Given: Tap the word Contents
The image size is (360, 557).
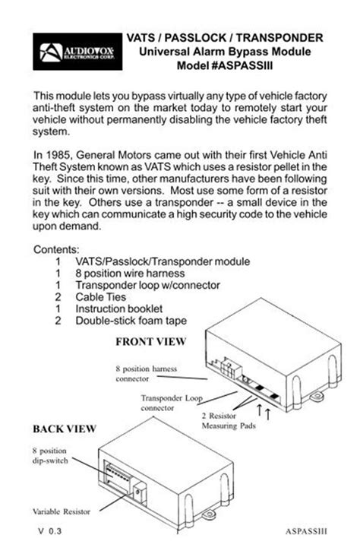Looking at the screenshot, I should tap(57, 249).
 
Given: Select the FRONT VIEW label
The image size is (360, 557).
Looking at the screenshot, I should tap(152, 339).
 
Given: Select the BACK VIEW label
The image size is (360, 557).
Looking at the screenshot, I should tap(64, 429).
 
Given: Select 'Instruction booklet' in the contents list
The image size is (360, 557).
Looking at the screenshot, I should tap(118, 309).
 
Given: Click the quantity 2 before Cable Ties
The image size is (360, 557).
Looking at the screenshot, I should tap(58, 297).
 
